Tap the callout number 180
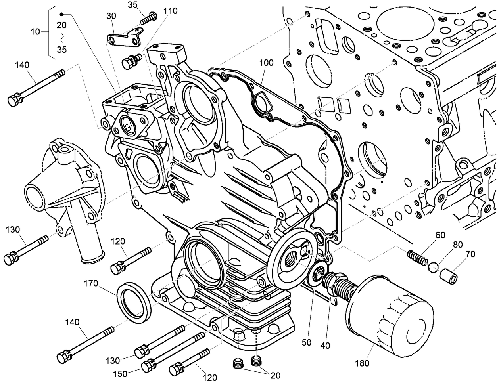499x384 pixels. click(x=364, y=363)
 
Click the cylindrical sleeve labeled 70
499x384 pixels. click(x=450, y=275)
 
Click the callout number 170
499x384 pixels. click(x=92, y=283)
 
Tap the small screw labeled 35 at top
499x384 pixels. click(x=149, y=17)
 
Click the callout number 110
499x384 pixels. click(x=170, y=11)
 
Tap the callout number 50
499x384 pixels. click(x=306, y=342)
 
